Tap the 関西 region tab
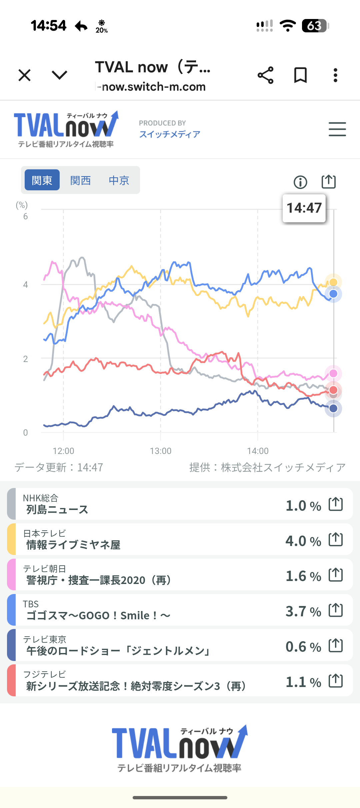point(80,180)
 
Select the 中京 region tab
point(119,180)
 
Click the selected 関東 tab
point(42,180)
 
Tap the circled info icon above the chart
point(300,182)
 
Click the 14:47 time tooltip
point(304,208)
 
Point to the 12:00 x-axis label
point(63,451)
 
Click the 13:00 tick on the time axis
point(161,451)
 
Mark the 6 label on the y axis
point(25,217)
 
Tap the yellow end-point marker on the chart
point(333,282)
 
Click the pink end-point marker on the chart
point(333,373)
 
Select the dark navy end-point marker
point(333,408)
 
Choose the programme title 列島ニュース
point(57,510)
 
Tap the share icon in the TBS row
point(336,610)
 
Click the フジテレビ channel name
point(45,674)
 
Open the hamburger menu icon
point(337,129)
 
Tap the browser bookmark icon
point(300,75)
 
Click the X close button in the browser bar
point(25,75)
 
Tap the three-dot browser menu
point(335,75)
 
